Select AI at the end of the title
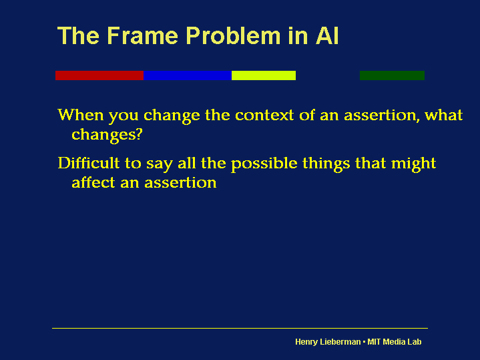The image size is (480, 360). click(327, 36)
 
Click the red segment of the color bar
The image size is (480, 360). click(99, 75)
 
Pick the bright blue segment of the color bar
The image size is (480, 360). click(188, 75)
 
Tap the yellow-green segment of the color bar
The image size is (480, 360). click(263, 75)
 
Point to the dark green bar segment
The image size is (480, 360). click(392, 75)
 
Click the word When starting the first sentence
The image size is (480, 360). click(81, 115)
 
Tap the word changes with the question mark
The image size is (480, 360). click(107, 134)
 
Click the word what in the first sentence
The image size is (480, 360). click(444, 115)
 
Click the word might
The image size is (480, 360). click(414, 164)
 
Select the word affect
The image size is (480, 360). click(93, 182)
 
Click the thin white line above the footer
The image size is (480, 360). click(240, 328)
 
